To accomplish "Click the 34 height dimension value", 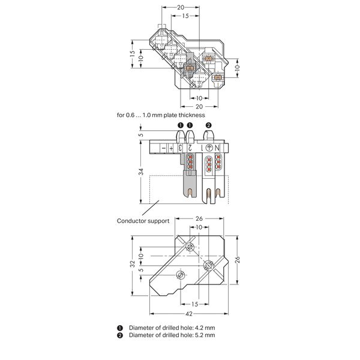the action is (x=141, y=172).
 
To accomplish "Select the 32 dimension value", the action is (x=133, y=264).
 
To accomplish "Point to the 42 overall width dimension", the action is (x=189, y=314).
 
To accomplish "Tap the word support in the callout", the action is (x=158, y=221).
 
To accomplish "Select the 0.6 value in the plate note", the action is (x=130, y=115).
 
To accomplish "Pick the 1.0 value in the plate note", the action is (x=146, y=115).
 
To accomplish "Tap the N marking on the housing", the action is (x=217, y=148).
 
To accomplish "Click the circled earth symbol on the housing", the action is (x=209, y=148).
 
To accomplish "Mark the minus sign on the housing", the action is (x=163, y=148).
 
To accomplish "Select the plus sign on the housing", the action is (x=171, y=148).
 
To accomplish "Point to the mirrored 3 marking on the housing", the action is (x=180, y=148).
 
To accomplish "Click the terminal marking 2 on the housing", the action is (x=190, y=148).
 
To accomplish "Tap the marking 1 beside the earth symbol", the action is (x=202, y=148).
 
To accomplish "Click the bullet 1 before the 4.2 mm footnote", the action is (x=120, y=328).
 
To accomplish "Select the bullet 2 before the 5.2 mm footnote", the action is (x=120, y=335).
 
